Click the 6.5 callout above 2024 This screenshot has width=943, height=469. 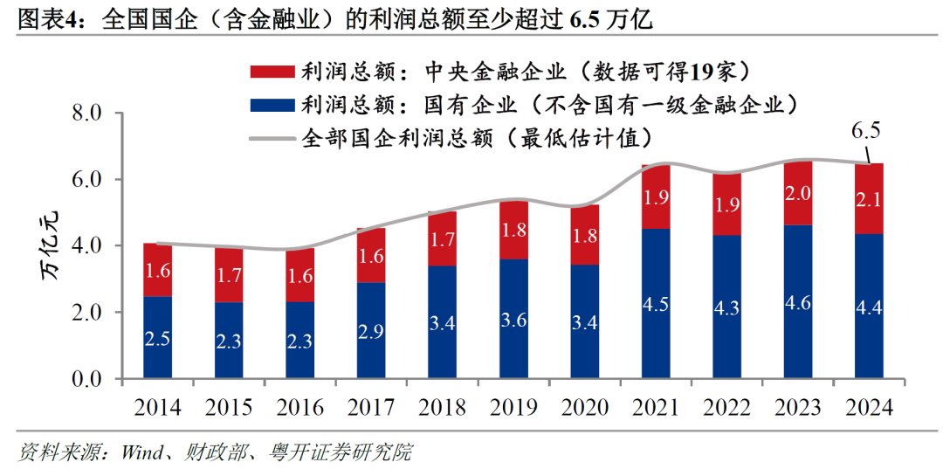865,131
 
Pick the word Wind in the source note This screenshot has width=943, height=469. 139,452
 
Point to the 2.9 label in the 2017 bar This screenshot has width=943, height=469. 371,333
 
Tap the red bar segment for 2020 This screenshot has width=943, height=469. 585,236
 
